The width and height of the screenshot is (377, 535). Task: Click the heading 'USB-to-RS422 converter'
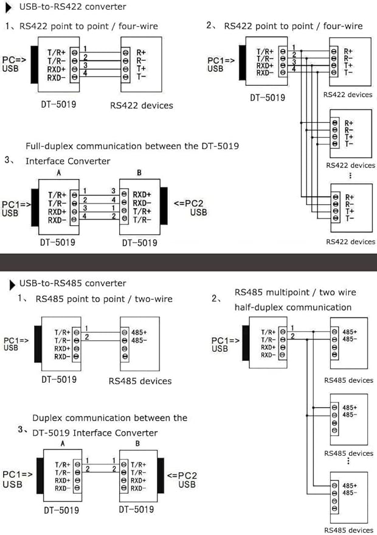[72, 7]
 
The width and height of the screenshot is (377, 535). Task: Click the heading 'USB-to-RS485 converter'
[72, 283]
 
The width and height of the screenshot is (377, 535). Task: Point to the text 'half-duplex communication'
[293, 307]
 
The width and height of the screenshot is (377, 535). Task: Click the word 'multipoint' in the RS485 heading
[288, 292]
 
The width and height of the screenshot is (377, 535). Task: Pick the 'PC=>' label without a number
[15, 60]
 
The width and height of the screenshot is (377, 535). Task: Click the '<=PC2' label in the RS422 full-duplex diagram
[188, 204]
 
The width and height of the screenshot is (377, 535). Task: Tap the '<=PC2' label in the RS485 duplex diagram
[182, 475]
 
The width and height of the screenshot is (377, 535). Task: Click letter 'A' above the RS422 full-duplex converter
[58, 173]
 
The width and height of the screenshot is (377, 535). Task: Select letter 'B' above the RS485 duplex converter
[137, 443]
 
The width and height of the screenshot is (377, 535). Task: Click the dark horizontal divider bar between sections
[188, 262]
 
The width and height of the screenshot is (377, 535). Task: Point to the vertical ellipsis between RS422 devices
[350, 175]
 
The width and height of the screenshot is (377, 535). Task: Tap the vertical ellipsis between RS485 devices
[348, 461]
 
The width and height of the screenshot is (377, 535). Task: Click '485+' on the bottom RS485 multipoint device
[350, 486]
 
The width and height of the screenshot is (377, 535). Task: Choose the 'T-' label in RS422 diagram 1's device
[141, 77]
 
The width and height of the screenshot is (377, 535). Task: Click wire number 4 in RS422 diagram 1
[85, 73]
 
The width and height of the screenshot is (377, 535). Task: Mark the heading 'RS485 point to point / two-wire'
[104, 299]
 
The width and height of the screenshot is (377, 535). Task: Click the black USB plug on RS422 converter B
[164, 206]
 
